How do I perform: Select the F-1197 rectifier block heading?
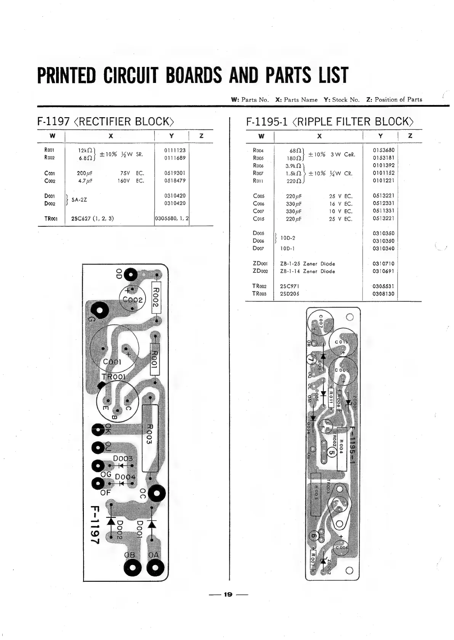pyautogui.click(x=106, y=122)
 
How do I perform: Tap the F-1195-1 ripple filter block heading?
pyautogui.click(x=330, y=122)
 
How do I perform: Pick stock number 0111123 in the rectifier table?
pyautogui.click(x=175, y=150)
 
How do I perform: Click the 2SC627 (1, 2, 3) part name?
pyautogui.click(x=92, y=218)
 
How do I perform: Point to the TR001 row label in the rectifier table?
pyautogui.click(x=51, y=219)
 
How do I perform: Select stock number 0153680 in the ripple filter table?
pyautogui.click(x=383, y=150)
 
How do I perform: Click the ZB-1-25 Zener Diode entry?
pyautogui.click(x=307, y=264)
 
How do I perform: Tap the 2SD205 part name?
pyautogui.click(x=290, y=294)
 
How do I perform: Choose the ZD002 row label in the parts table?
pyautogui.click(x=260, y=271)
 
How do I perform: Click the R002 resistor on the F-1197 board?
pyautogui.click(x=156, y=297)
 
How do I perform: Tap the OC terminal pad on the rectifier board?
pyautogui.click(x=156, y=494)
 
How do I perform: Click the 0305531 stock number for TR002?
pyautogui.click(x=383, y=286)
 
